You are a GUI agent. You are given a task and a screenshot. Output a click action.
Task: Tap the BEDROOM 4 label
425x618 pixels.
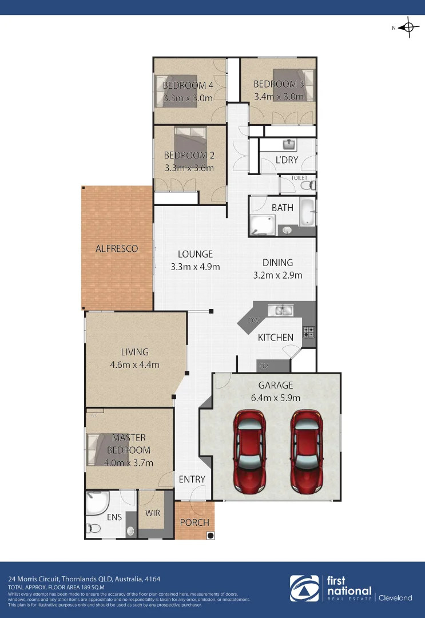click(188, 86)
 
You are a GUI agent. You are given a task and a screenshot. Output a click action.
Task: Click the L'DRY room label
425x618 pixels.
click(287, 160)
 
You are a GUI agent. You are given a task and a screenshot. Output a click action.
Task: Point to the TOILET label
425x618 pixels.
click(299, 178)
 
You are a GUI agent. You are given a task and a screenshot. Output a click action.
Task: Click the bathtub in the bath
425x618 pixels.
click(308, 212)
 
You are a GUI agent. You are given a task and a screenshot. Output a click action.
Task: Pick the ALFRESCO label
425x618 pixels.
click(117, 248)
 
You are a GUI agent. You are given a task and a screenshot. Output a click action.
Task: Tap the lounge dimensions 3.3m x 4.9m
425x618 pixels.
click(195, 267)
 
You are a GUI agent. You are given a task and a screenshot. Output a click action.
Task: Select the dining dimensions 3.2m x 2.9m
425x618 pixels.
click(277, 275)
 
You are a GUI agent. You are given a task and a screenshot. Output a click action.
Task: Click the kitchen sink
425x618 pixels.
click(284, 311)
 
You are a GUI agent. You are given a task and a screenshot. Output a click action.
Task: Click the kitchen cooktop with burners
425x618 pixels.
click(309, 332)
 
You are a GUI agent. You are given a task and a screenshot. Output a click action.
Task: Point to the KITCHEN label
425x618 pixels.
click(276, 338)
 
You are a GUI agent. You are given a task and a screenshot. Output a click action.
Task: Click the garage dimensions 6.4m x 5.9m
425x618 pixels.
click(275, 398)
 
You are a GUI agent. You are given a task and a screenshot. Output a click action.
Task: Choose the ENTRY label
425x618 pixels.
click(192, 480)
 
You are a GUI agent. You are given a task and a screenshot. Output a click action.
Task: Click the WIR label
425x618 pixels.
click(153, 513)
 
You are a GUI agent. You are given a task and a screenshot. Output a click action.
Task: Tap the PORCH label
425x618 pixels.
click(194, 522)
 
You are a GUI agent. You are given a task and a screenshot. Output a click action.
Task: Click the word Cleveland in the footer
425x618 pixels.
click(395, 598)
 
